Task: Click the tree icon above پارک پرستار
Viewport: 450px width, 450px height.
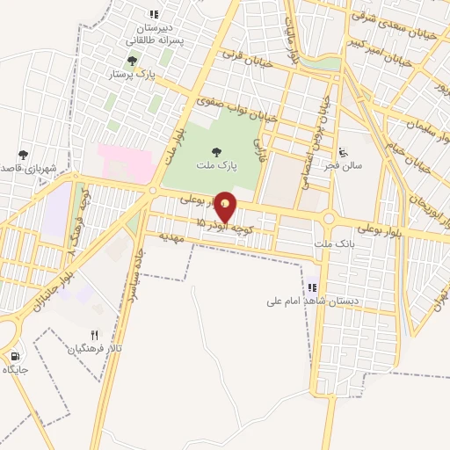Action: click(x=132, y=61)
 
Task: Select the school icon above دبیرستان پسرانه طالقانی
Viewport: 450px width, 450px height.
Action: click(x=154, y=14)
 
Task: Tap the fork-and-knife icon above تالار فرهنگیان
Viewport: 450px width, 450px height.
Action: click(x=95, y=335)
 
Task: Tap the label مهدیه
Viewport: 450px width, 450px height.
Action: click(x=164, y=237)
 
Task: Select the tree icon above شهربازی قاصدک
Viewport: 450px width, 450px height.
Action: click(x=23, y=155)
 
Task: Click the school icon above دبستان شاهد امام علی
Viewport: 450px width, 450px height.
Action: click(x=313, y=287)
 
